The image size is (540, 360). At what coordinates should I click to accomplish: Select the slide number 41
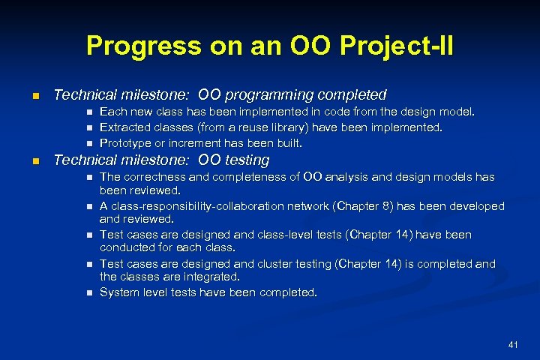tap(513, 344)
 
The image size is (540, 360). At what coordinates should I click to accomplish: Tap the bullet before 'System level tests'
tap(88, 292)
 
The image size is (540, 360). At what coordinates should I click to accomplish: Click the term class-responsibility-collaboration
tap(208, 205)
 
